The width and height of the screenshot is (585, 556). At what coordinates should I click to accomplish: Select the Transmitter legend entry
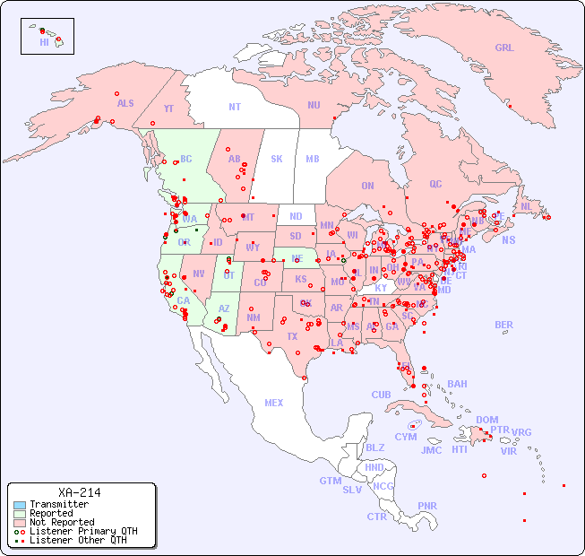[x=58, y=505]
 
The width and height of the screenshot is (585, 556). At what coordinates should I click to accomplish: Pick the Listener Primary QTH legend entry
[x=82, y=531]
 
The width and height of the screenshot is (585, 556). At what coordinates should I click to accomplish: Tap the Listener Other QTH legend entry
[x=78, y=540]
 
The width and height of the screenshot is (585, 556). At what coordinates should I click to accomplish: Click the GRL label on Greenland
[x=504, y=48]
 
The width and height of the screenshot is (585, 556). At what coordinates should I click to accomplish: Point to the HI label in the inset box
[x=44, y=42]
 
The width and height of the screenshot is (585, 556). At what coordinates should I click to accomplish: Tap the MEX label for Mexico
[x=274, y=404]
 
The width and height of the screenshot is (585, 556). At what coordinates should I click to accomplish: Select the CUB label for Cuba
[x=381, y=395]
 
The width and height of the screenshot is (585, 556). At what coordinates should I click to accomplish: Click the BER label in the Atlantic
[x=503, y=325]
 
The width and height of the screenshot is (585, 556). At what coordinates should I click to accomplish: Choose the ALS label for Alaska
[x=125, y=103]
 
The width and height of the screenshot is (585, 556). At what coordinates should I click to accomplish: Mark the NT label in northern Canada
[x=235, y=107]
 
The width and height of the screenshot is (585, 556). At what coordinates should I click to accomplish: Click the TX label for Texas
[x=292, y=336]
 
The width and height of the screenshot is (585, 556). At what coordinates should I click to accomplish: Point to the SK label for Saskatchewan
[x=277, y=159]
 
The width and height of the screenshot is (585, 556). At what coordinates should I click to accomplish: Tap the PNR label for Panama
[x=427, y=506]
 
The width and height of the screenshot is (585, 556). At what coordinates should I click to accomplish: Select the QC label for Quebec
[x=435, y=184]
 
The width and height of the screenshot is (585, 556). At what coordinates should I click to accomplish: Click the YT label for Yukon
[x=168, y=109]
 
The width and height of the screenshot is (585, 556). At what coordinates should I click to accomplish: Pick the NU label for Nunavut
[x=314, y=105]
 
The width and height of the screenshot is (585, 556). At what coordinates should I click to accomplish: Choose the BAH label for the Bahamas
[x=457, y=384]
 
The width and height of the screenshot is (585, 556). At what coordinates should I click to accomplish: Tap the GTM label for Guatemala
[x=330, y=481]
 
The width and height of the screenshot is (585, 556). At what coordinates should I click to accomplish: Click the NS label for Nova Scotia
[x=508, y=240]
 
